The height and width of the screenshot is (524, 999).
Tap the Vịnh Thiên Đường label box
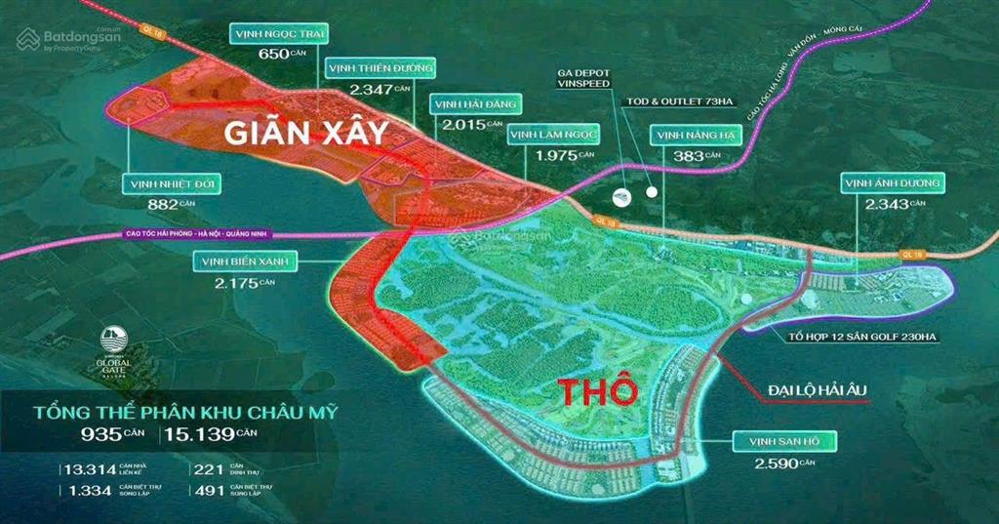click(x=380, y=67)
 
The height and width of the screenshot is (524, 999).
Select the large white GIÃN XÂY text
click(x=306, y=134)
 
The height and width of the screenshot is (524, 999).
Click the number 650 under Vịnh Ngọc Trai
click(x=272, y=54)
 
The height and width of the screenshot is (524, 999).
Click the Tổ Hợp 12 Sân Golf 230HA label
click(x=860, y=337)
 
